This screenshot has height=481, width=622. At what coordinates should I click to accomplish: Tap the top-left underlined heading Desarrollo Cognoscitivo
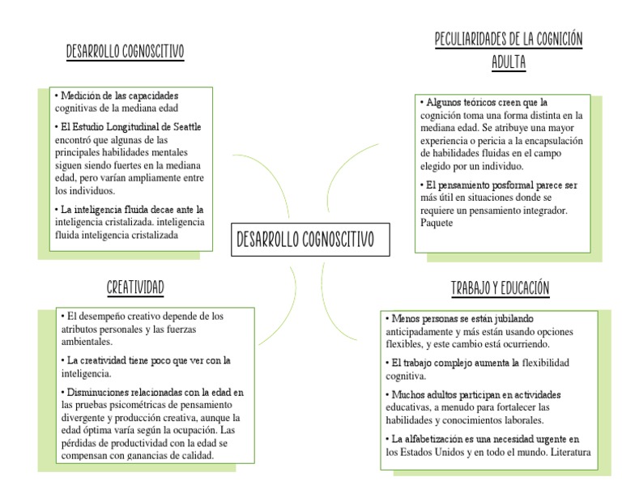tap(125, 53)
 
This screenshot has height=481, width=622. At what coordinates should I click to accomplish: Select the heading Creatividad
tap(136, 287)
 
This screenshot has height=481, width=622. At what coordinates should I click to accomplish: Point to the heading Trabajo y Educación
tap(500, 288)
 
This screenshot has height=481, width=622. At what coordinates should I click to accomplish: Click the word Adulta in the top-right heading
tap(509, 62)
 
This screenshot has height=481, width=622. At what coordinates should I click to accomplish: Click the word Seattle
tap(185, 126)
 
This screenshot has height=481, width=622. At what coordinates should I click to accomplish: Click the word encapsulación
tap(552, 140)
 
